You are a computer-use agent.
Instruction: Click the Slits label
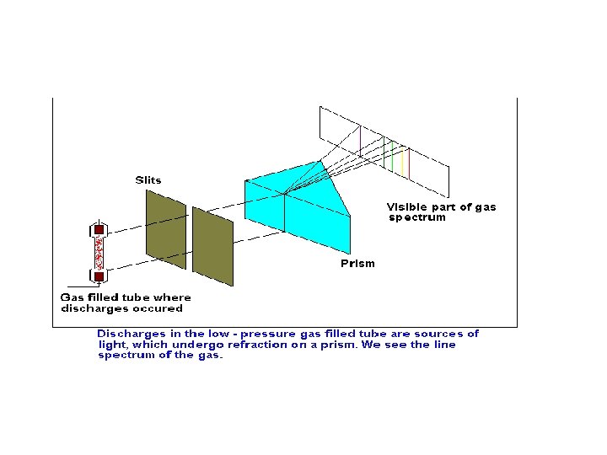point(148,180)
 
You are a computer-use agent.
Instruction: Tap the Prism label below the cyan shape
point(357,264)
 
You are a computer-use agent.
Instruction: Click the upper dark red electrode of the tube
point(99,229)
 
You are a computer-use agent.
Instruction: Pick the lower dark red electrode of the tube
point(99,276)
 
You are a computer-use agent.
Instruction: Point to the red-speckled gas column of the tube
point(99,253)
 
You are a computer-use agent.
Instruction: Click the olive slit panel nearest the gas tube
point(166,229)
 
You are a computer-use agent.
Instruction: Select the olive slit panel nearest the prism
point(213,246)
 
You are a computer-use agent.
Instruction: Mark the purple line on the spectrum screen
point(361,142)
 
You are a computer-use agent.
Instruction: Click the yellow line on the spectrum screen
point(403,162)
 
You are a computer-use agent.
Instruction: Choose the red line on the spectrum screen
point(409,163)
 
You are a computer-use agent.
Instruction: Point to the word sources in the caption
point(438,334)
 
